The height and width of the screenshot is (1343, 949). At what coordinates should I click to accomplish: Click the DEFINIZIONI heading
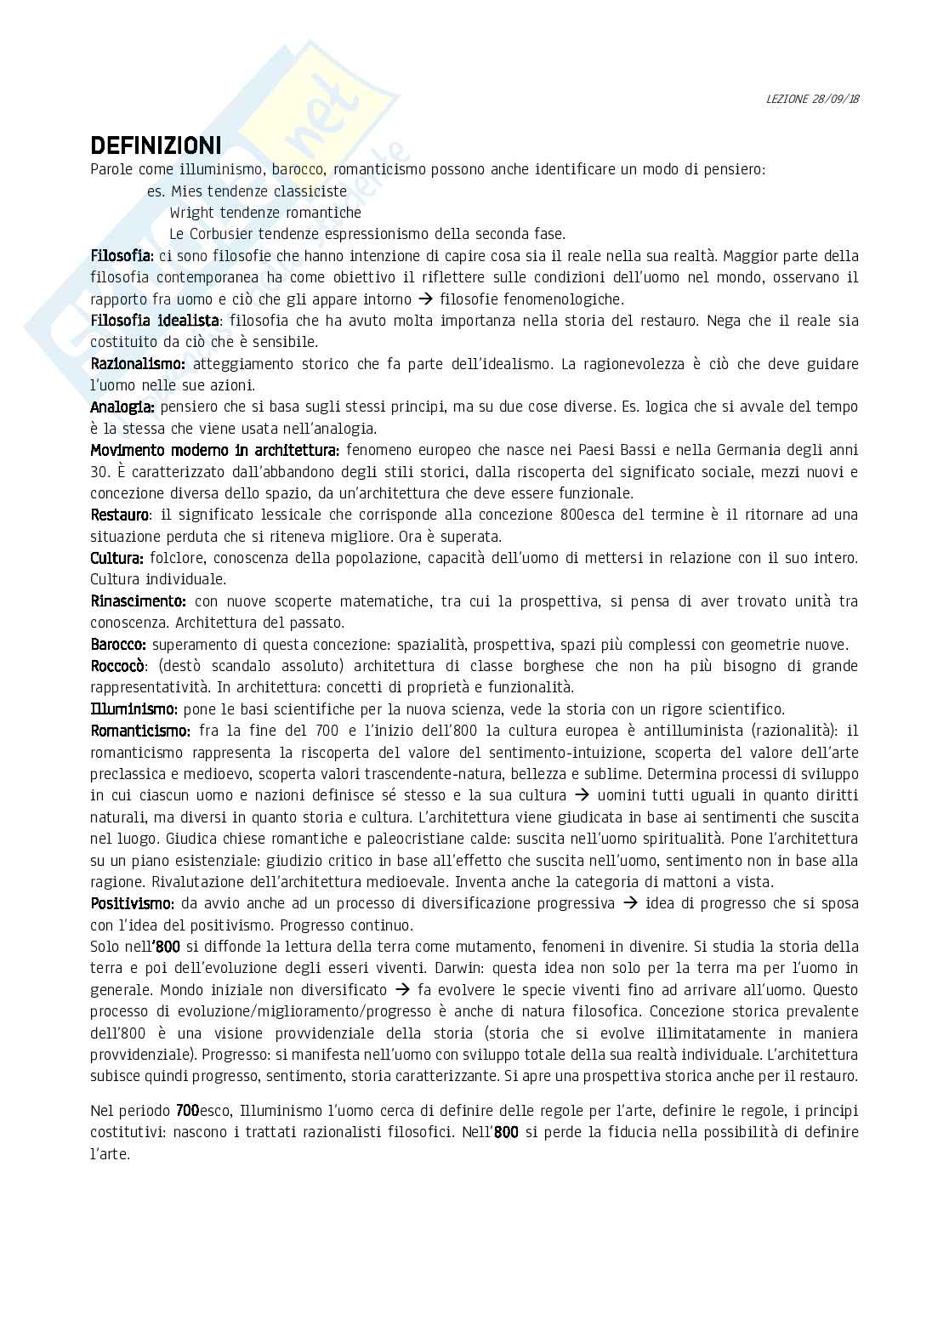coord(156,144)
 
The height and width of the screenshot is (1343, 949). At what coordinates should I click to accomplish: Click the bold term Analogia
coord(122,407)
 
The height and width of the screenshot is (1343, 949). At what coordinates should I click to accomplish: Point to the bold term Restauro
coord(120,515)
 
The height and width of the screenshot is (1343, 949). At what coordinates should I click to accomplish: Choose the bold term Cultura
coord(116,558)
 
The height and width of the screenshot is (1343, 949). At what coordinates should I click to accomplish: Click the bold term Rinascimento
coord(138,601)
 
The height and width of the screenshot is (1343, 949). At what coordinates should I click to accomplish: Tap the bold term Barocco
coord(118,645)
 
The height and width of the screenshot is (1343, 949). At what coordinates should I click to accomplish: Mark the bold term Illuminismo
coord(134,709)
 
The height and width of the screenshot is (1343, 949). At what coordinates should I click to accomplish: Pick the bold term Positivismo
coord(132,903)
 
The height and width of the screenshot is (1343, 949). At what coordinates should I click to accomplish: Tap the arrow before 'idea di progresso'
coord(630,903)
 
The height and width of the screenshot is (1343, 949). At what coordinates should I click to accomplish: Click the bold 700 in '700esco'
coord(187,1111)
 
